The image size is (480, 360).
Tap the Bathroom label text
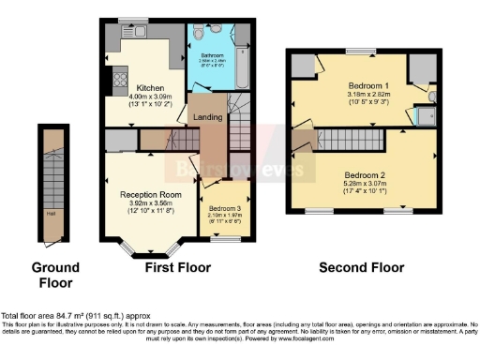(x=212, y=55)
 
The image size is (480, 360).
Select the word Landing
(x=207, y=116)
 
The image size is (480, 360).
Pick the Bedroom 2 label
(x=364, y=175)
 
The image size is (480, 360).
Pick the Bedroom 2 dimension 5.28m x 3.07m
(x=364, y=185)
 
